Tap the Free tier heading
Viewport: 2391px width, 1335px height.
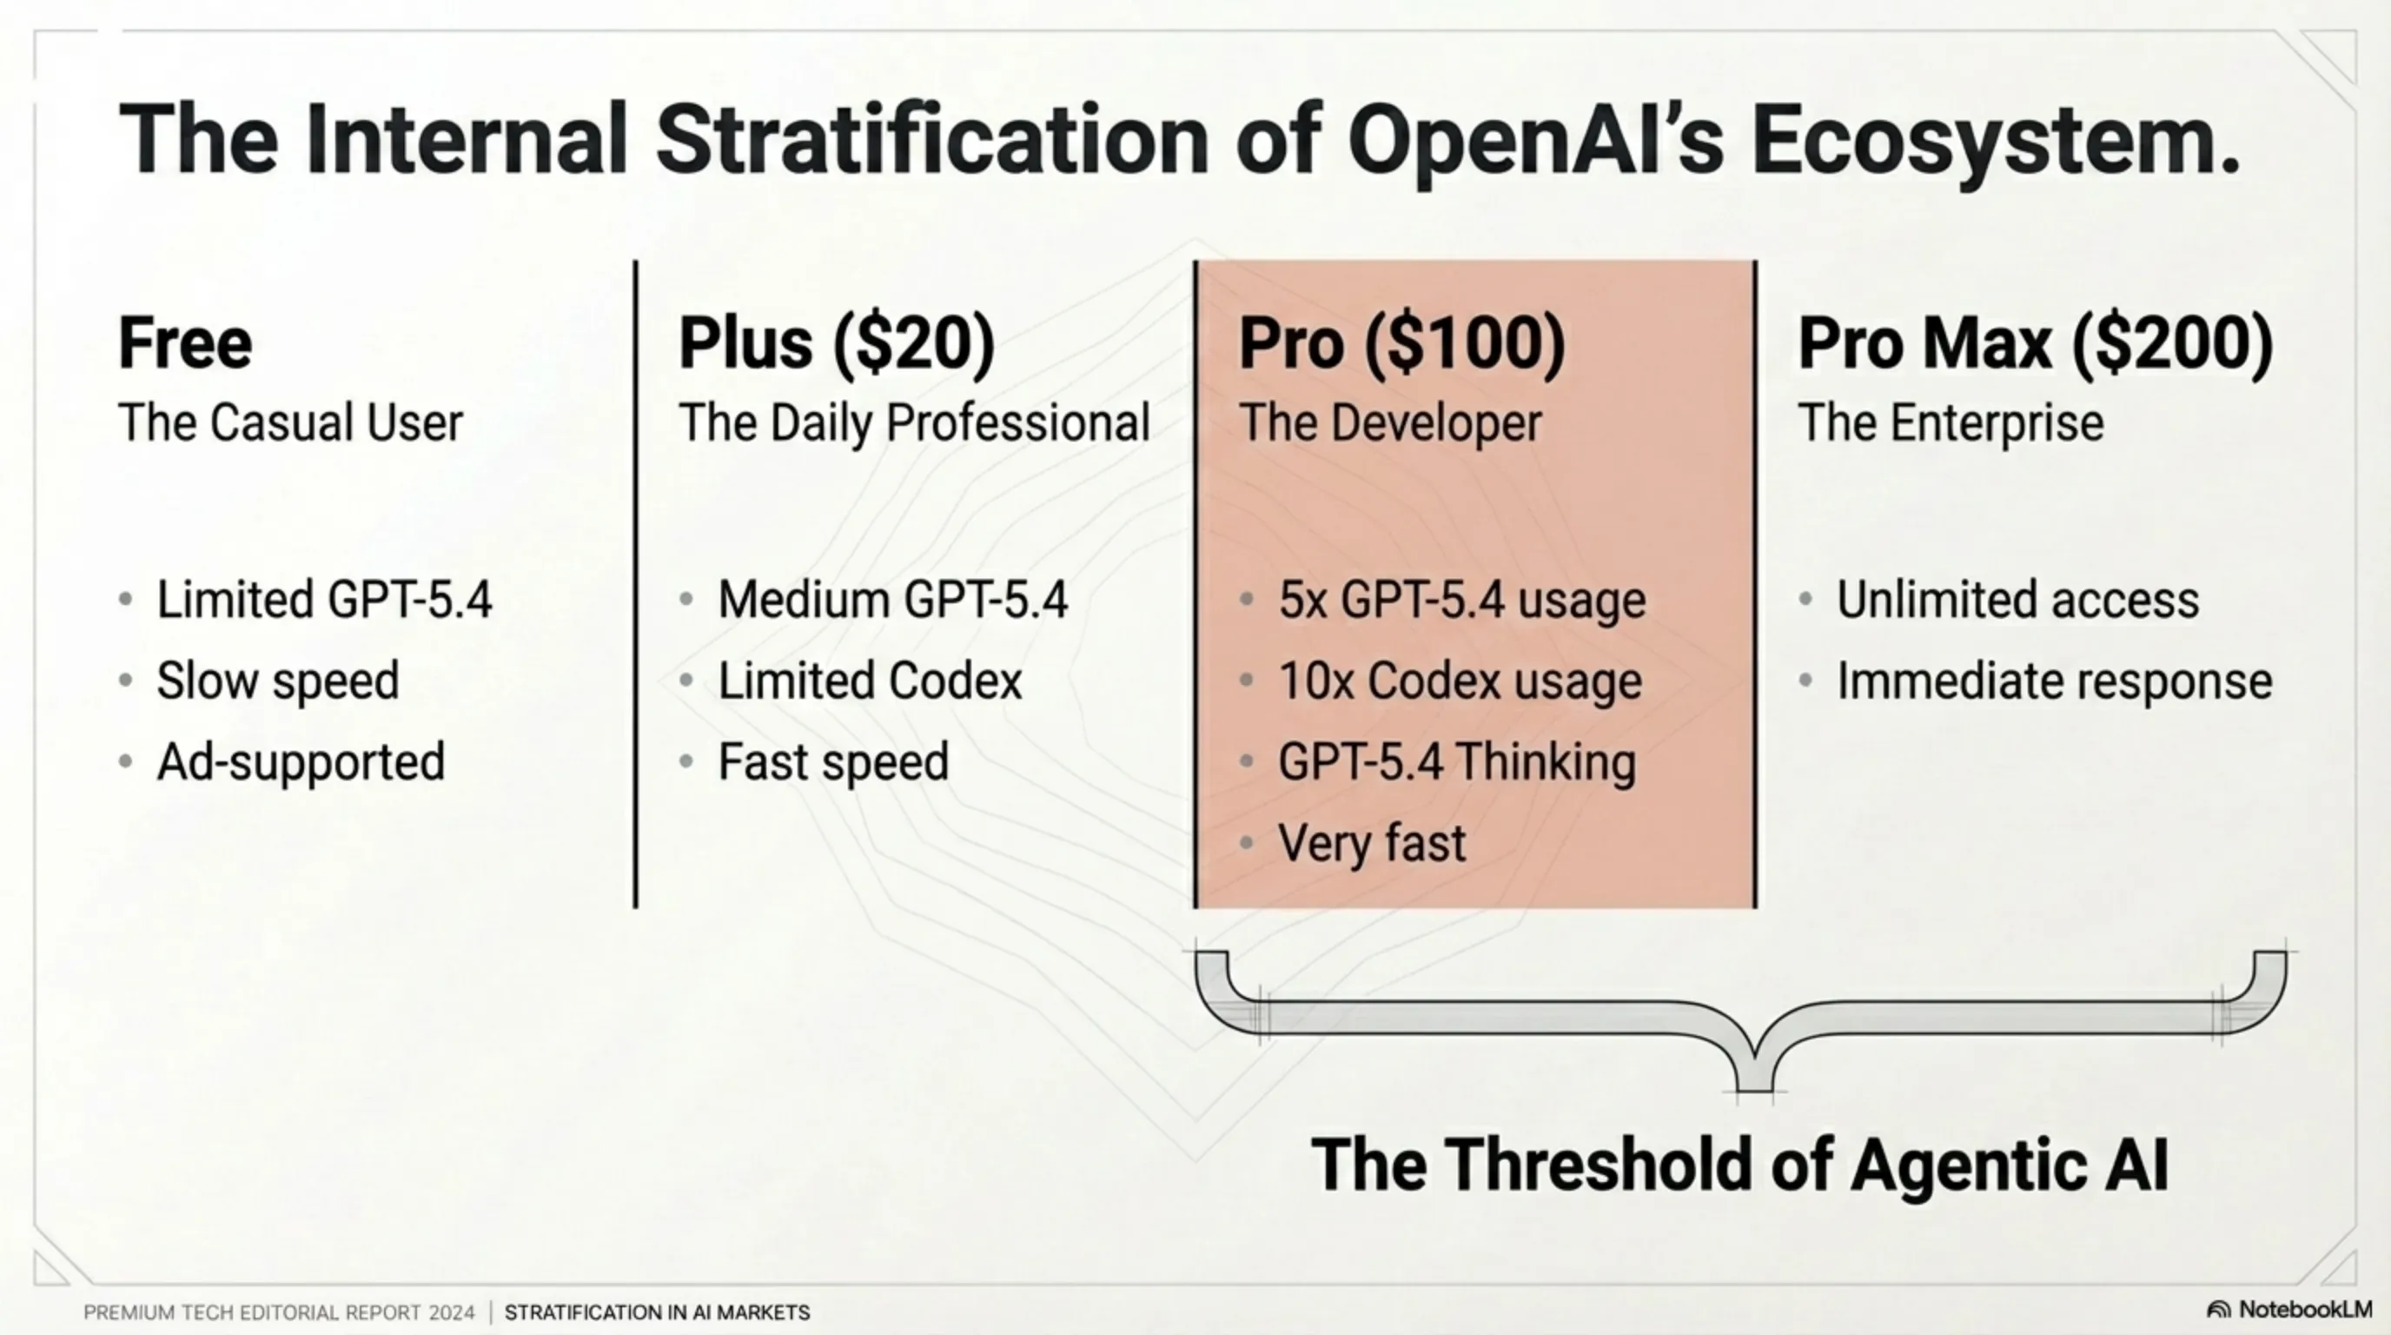185,343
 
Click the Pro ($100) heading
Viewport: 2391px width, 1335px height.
1401,343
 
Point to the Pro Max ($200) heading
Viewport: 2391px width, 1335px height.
2035,343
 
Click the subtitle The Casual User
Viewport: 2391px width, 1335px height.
289,423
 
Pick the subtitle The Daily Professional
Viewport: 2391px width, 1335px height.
914,423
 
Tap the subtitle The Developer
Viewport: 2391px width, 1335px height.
1389,423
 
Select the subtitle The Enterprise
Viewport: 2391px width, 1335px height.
1951,423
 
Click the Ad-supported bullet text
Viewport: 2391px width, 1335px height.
301,762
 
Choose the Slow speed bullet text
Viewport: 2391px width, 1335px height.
277,681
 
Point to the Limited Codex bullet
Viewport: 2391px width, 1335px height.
870,681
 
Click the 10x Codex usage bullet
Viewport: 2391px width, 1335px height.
1459,681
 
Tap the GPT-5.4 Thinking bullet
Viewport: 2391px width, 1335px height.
1456,762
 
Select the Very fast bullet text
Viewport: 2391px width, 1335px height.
1372,843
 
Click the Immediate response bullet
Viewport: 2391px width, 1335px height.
2054,681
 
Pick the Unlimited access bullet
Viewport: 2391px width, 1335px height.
2018,600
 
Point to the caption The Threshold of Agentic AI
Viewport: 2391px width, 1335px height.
1739,1164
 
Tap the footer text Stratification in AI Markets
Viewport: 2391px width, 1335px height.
657,1312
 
